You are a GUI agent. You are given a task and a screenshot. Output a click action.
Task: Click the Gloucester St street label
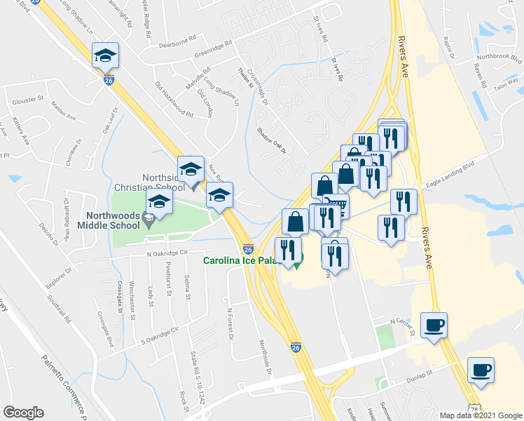click(x=27, y=100)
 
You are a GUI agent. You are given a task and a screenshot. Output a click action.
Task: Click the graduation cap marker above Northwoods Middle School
click(x=159, y=203)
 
